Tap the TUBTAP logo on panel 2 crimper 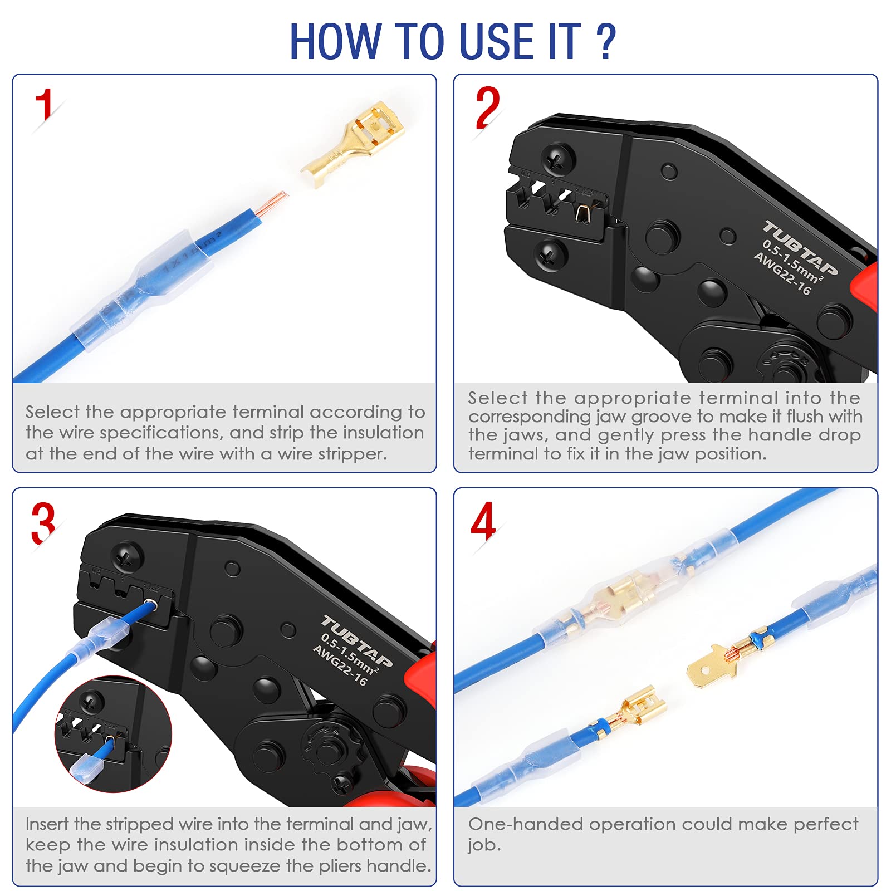tap(800, 248)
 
